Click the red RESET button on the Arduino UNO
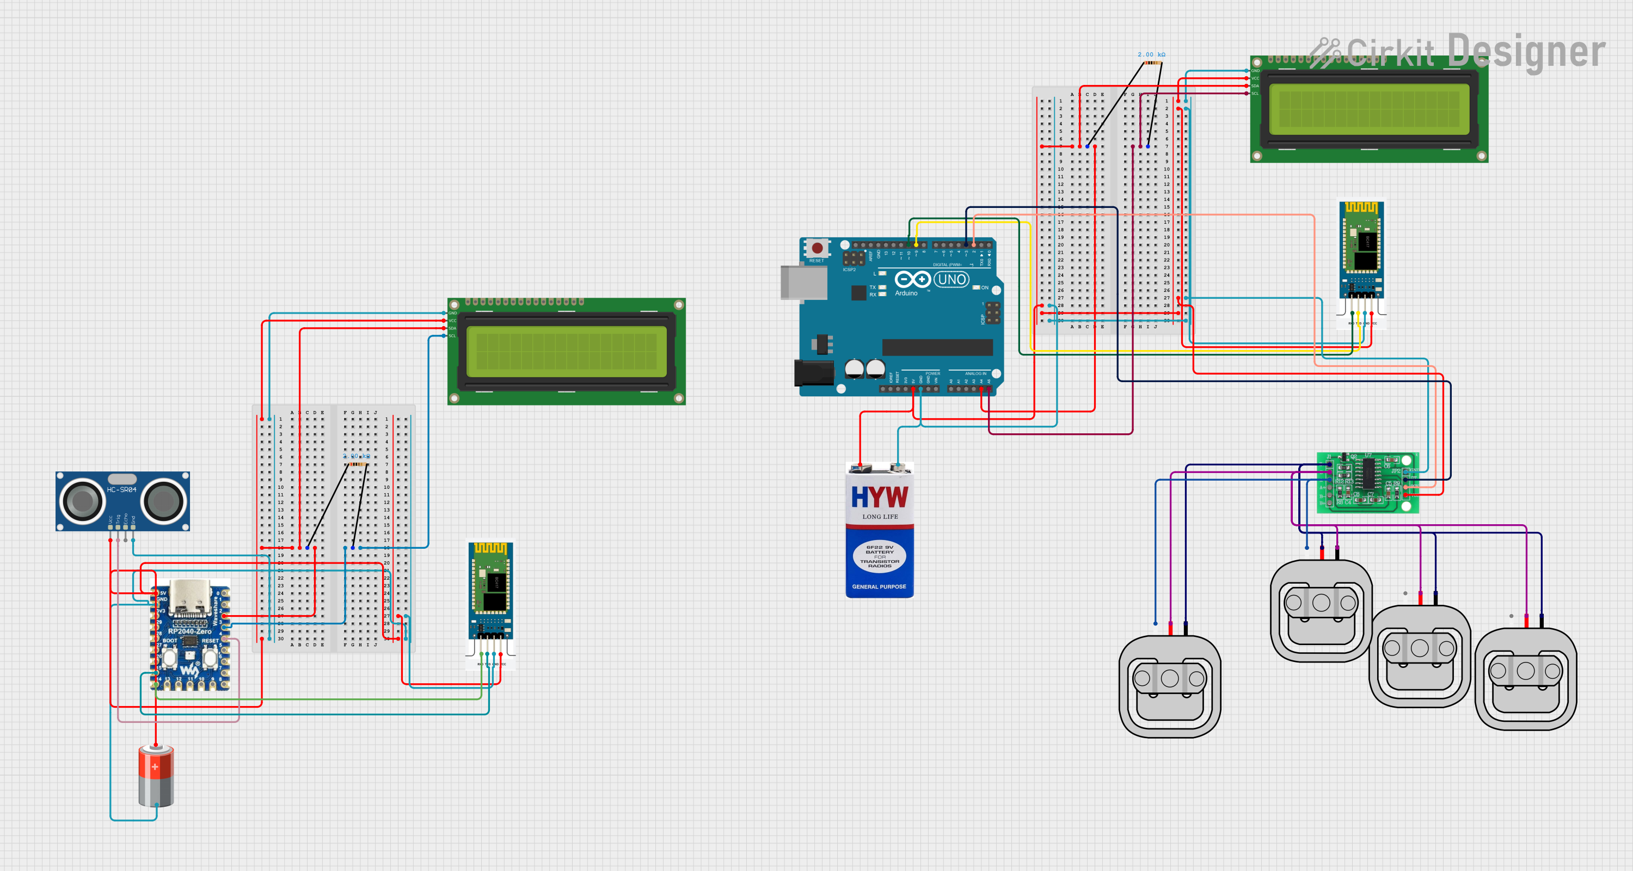pos(817,248)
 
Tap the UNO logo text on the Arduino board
pos(951,280)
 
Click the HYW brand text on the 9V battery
pos(879,497)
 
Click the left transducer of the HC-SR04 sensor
pos(82,501)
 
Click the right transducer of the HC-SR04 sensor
pos(163,501)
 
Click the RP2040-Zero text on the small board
pos(189,631)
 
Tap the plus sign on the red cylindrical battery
pos(155,766)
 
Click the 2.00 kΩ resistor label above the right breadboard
pos(1151,54)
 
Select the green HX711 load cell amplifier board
pos(1367,482)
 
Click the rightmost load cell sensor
pos(1525,678)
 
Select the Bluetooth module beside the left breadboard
pos(490,593)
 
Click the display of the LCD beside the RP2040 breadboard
pos(566,352)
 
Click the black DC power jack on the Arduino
pos(813,373)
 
